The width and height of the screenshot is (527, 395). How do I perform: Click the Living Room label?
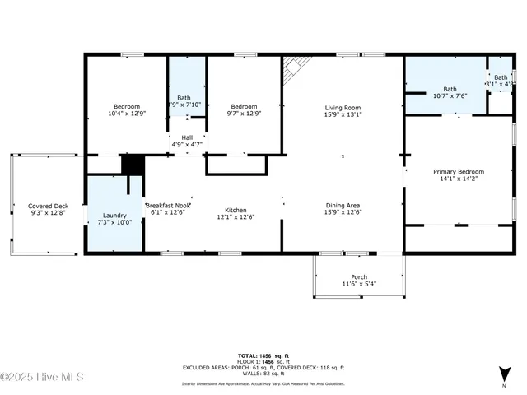coord(343,107)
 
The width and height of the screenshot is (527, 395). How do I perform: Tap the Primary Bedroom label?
coord(459,171)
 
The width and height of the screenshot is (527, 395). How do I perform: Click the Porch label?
coord(359,276)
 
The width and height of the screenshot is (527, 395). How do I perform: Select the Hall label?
coord(187,137)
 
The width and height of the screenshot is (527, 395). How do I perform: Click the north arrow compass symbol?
coord(503,374)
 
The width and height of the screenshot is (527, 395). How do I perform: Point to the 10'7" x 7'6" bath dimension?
coord(450,95)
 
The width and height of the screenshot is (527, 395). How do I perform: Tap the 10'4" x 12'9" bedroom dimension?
coord(127,114)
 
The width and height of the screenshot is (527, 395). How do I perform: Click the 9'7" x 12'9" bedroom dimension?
coord(244,114)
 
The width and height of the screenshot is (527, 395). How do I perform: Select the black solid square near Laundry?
coord(132,164)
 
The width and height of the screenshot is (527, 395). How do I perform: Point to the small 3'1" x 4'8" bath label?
coord(500,84)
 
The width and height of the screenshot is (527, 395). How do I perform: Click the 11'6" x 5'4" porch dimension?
coord(359,284)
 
